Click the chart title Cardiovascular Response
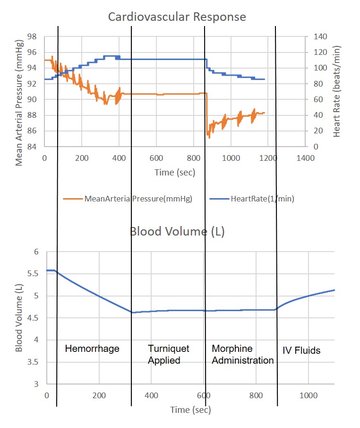tap(177, 17)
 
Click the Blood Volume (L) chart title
tap(177, 232)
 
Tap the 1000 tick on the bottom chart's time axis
tap(308, 395)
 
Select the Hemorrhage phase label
tap(92, 349)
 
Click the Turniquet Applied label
tap(169, 354)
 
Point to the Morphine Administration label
tap(242, 354)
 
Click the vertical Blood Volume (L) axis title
tap(19, 318)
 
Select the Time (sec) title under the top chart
tap(174, 173)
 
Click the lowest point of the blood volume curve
tap(133, 312)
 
